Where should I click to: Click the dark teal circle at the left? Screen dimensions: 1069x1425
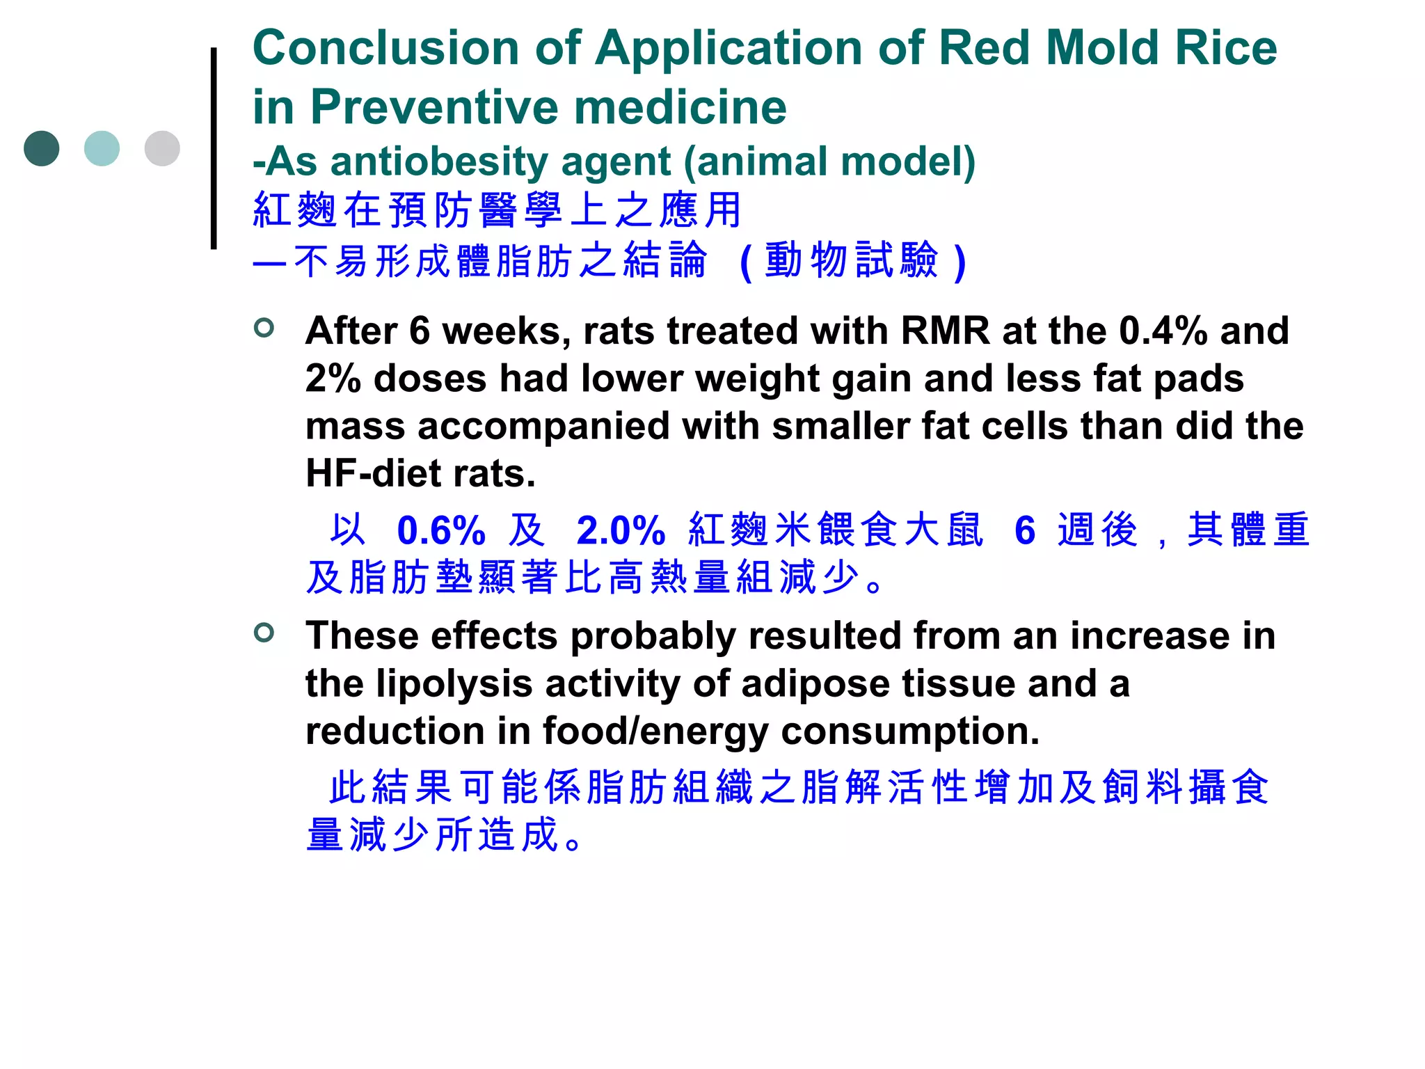[x=42, y=148]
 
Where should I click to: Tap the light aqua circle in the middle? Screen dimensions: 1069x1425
[x=102, y=148]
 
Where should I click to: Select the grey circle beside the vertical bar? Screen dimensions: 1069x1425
[x=162, y=148]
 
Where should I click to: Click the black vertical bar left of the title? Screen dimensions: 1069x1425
[x=214, y=148]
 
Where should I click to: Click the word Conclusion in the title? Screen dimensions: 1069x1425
[x=385, y=49]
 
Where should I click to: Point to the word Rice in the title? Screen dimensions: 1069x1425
[x=1226, y=49]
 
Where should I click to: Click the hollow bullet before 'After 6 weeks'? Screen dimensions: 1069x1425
[x=264, y=327]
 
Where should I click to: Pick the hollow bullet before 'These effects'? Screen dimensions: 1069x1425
[x=264, y=632]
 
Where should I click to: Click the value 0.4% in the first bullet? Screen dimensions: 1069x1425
[x=1163, y=331]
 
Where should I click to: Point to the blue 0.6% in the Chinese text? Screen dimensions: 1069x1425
[x=441, y=531]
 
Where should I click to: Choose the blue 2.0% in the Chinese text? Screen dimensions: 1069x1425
[x=621, y=531]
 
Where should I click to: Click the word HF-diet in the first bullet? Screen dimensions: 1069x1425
[x=373, y=474]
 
